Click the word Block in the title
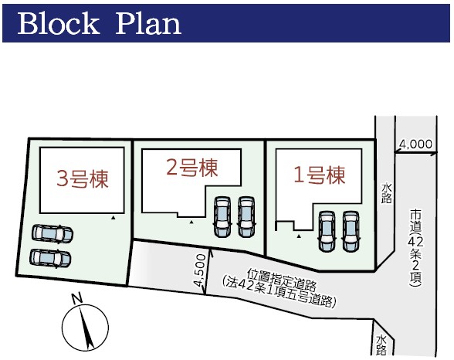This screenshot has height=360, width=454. point(58,23)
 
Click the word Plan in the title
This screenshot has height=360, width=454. point(148,23)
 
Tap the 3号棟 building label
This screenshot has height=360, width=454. point(83,178)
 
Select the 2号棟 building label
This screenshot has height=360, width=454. point(192,168)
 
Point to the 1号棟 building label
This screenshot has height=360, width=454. point(320,175)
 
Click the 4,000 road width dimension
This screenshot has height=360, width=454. point(415,144)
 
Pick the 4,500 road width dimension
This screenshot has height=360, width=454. point(201,270)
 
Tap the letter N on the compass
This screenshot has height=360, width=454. point(76,299)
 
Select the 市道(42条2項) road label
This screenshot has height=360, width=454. point(416,248)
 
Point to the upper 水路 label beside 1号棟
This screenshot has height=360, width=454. point(386,193)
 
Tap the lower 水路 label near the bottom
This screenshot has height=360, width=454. point(381,345)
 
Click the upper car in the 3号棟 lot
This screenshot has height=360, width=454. point(53,234)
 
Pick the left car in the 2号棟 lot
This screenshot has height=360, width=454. point(222,216)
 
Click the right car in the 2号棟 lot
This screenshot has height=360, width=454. point(246,216)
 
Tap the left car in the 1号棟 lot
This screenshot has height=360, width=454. point(327,231)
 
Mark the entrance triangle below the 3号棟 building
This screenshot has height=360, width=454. point(113,217)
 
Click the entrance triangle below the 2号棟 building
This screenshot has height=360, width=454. point(191,222)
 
